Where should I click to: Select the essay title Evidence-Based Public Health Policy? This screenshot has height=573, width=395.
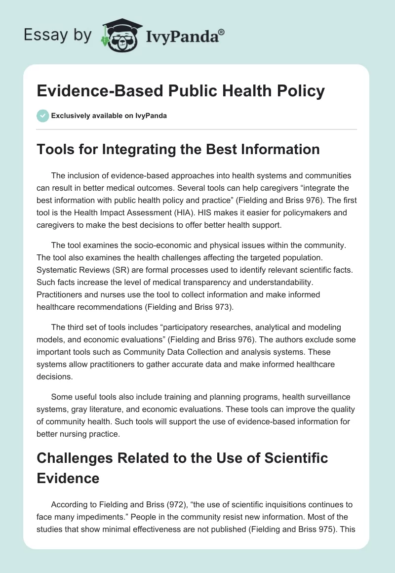(x=181, y=91)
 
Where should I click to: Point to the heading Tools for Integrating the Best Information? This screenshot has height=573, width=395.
(x=178, y=149)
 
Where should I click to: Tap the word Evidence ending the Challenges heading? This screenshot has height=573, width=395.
(x=68, y=479)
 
